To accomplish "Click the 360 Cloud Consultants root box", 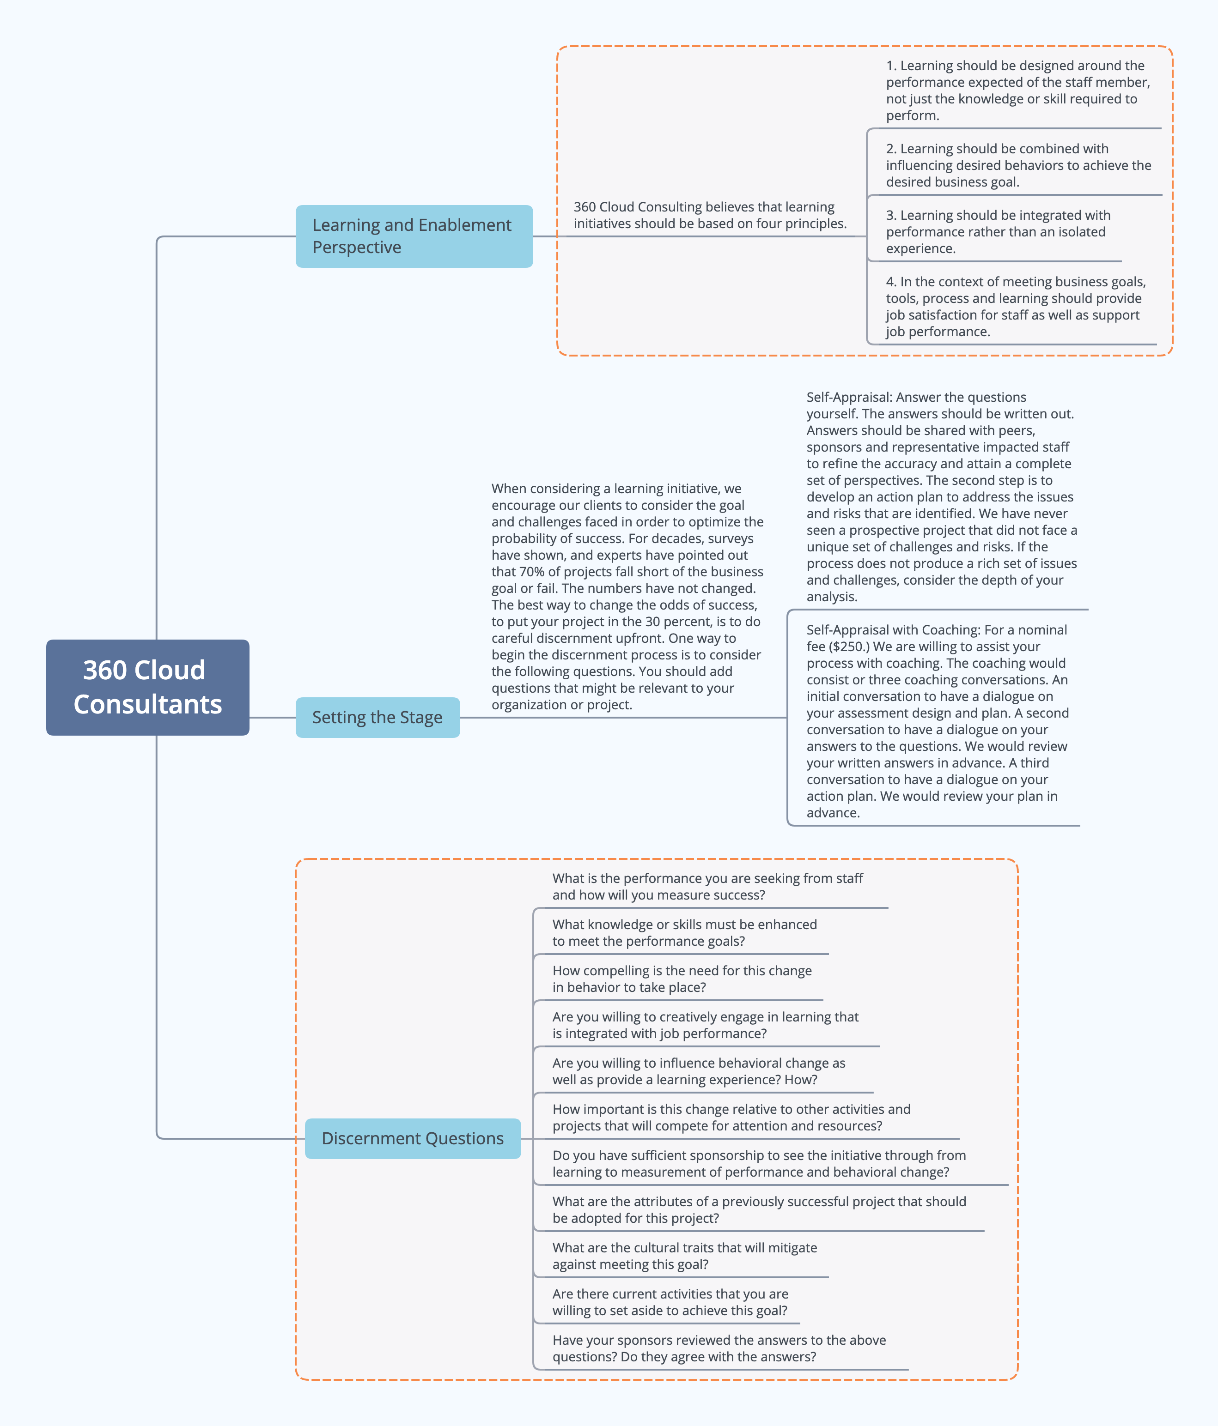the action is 147,687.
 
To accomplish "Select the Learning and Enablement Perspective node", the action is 414,236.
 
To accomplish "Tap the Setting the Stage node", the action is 378,717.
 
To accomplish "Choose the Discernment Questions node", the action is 413,1138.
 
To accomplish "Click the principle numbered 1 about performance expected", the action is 1017,90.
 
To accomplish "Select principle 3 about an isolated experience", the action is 998,232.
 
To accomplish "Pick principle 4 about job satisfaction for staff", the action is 1016,306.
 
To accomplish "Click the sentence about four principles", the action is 710,215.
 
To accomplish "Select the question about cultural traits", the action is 684,1256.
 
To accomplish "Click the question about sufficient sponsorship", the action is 759,1164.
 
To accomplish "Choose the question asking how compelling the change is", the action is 682,979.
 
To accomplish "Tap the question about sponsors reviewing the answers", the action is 719,1348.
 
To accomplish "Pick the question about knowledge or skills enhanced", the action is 684,932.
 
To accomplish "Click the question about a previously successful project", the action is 759,1210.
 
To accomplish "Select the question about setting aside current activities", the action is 670,1302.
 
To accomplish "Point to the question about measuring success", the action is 707,887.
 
